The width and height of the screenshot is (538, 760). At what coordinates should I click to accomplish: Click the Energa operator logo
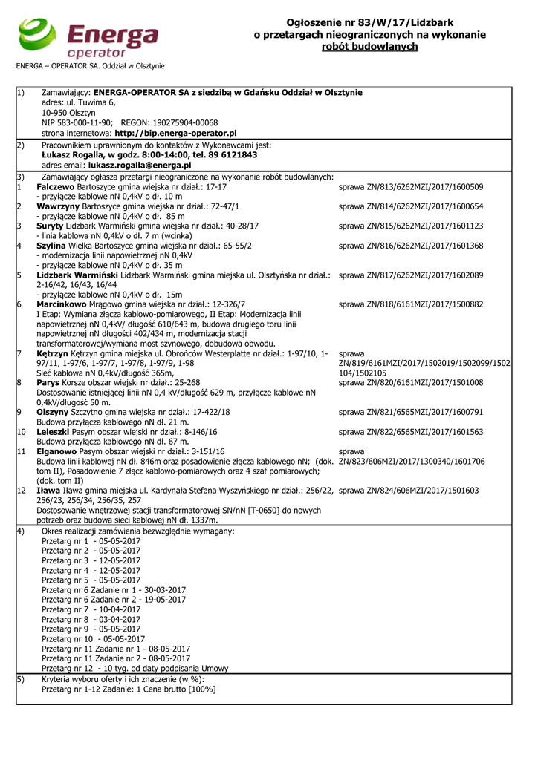(x=87, y=39)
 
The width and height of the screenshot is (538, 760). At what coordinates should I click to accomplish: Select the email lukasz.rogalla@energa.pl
(x=140, y=166)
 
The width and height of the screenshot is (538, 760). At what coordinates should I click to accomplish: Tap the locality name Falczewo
(x=56, y=187)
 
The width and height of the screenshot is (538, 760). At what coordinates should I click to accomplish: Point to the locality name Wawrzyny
(x=59, y=206)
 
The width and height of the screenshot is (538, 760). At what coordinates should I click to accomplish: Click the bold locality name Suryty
(x=50, y=226)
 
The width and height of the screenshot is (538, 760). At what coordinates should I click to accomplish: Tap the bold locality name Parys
(x=48, y=382)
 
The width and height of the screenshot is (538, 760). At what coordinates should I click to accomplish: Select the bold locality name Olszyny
(x=53, y=411)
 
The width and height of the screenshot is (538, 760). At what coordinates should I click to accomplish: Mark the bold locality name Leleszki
(x=55, y=431)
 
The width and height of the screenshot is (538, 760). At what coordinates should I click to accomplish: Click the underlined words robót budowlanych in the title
(x=370, y=47)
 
